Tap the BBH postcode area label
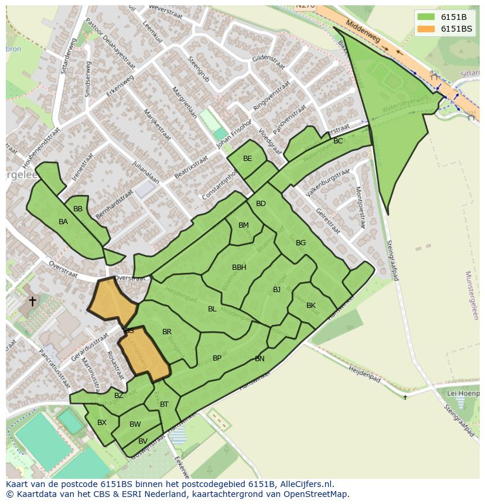pos(239,268)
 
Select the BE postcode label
pos(248,159)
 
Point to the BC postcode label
pos(338,141)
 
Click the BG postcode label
pos(300,243)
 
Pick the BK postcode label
pos(311,306)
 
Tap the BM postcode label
pos(244,225)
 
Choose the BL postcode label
pos(212,309)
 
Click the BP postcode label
pos(217,358)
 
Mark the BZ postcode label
pos(119,396)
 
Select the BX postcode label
pos(102,423)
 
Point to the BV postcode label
pos(143,441)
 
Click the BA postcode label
pos(63,222)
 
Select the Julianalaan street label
pos(146,172)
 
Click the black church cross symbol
pos(32,301)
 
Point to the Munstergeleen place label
pos(472,295)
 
